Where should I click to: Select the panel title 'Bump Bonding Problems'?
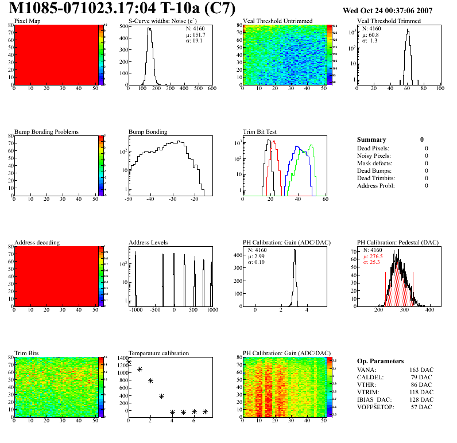tap(47, 131)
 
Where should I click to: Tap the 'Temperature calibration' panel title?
tap(158, 353)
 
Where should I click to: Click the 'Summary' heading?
tap(371, 139)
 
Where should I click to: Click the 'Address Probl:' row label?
tap(376, 185)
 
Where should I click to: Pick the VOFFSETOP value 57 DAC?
tap(423, 407)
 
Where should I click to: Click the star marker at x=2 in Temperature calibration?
tap(150, 380)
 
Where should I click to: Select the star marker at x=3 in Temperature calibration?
tap(161, 396)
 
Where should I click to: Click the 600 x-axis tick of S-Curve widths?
tap(211, 89)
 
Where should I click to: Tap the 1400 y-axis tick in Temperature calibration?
tap(121, 357)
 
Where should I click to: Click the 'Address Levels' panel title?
tap(148, 243)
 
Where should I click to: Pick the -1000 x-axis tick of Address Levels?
tap(135, 310)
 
